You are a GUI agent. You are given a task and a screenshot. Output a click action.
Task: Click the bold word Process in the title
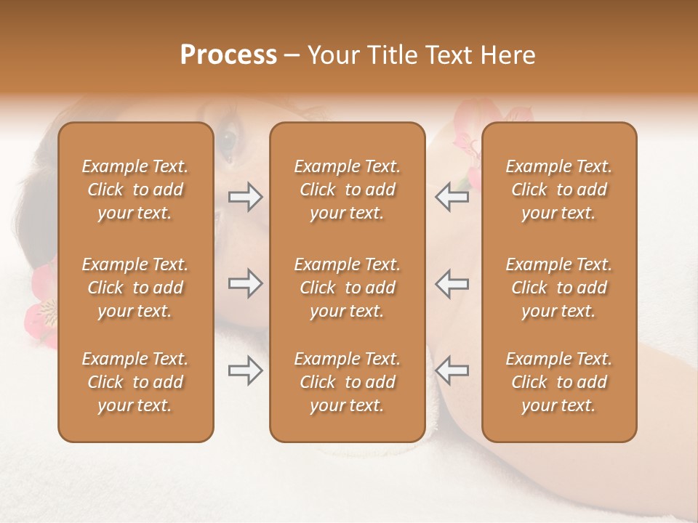click(228, 55)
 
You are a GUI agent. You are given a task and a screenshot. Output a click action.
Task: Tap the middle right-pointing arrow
click(246, 283)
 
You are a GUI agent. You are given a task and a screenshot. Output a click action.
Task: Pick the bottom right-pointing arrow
click(246, 371)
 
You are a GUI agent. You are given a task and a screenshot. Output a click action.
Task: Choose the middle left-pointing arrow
click(452, 283)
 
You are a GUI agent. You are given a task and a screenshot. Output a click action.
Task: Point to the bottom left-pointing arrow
click(452, 371)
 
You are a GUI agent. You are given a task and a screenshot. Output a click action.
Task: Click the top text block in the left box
click(135, 190)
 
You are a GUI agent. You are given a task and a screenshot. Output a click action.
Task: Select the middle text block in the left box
click(135, 288)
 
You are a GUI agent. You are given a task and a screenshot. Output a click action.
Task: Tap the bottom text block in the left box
click(135, 382)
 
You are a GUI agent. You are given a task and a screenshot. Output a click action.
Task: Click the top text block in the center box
click(347, 190)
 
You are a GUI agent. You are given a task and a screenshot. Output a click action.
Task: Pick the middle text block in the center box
click(347, 288)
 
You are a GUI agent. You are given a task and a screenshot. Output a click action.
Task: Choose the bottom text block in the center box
click(347, 382)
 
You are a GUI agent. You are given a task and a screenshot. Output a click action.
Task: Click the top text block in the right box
click(558, 190)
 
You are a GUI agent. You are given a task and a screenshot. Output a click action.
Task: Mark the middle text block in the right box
click(558, 288)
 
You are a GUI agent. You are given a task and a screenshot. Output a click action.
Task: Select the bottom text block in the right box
click(558, 382)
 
